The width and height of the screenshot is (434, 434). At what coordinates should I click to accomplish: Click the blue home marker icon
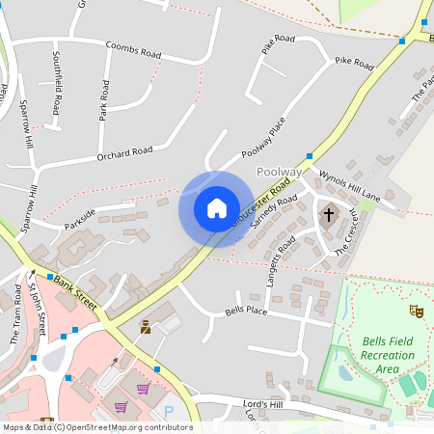pos(216,208)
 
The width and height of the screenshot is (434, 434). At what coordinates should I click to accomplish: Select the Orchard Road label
pos(124,153)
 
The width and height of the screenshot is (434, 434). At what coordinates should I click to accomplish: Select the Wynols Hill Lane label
pos(350,187)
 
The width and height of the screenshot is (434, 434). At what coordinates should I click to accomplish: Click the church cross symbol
pos(329,214)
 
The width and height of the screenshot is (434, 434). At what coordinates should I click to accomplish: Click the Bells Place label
pos(245,312)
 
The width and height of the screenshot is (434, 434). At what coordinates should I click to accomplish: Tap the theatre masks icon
pos(417,311)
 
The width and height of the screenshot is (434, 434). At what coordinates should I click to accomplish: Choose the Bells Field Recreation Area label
pos(389,355)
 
